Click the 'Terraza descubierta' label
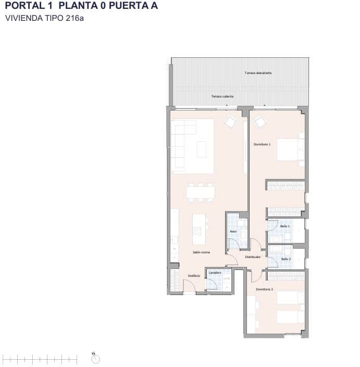258,73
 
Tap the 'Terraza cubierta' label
222,96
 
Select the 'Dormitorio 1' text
262,144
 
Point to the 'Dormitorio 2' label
264,289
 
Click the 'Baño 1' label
285,226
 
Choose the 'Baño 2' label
285,259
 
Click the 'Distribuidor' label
253,257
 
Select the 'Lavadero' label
215,273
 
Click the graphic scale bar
40,358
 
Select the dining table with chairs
201,192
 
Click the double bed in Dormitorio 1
290,151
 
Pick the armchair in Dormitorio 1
259,123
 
